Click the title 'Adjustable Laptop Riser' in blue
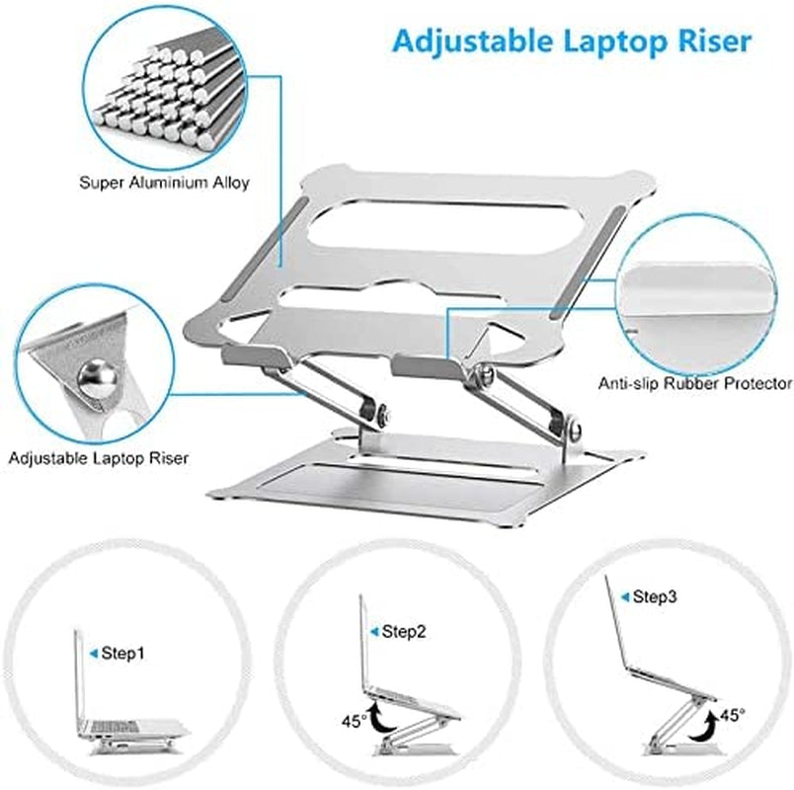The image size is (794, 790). (x=571, y=40)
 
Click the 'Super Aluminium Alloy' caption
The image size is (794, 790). (x=164, y=183)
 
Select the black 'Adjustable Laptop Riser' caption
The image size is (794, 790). (x=99, y=457)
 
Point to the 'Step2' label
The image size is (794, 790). (x=403, y=631)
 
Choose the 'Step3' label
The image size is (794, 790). (x=655, y=596)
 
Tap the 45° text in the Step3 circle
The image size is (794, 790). (x=732, y=714)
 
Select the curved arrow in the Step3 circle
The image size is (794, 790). (x=704, y=728)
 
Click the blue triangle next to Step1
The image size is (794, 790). (x=93, y=653)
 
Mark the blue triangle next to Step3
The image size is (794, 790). (x=624, y=596)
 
